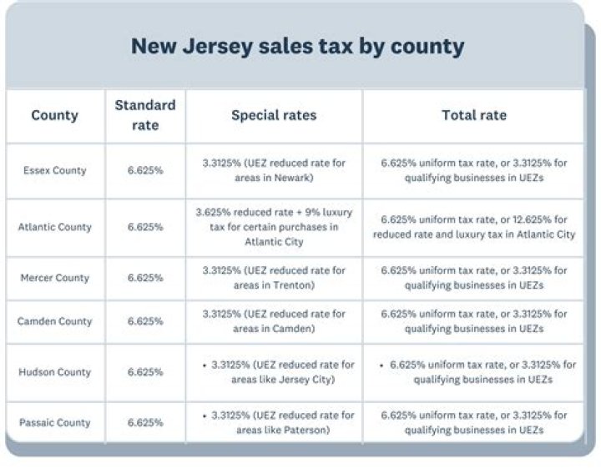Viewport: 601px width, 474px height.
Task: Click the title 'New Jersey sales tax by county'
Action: coord(296,46)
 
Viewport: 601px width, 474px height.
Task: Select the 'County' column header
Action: coord(55,115)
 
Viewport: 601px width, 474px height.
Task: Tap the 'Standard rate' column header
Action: coord(145,115)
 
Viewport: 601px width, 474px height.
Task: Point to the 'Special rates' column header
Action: coord(274,115)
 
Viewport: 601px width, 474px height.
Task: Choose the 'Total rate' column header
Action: coord(473,115)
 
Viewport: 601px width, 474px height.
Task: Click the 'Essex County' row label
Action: coord(55,170)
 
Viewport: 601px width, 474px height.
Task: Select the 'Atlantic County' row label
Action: coord(55,227)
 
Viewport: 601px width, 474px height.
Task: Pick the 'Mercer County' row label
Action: coord(55,278)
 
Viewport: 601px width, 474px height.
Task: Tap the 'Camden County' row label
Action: coord(55,321)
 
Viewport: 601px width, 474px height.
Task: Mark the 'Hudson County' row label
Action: coord(55,372)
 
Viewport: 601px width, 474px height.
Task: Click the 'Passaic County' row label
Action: coord(55,422)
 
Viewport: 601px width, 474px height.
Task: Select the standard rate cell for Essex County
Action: coord(145,170)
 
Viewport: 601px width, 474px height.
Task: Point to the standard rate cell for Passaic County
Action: coord(145,422)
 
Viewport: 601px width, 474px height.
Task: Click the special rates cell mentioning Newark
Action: coord(274,170)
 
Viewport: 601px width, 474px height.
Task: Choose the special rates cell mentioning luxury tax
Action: coord(274,227)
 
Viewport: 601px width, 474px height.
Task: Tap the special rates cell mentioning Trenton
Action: coord(274,278)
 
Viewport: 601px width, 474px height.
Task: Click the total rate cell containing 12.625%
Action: coord(473,227)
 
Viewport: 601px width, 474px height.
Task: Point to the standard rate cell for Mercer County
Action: coord(145,278)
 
